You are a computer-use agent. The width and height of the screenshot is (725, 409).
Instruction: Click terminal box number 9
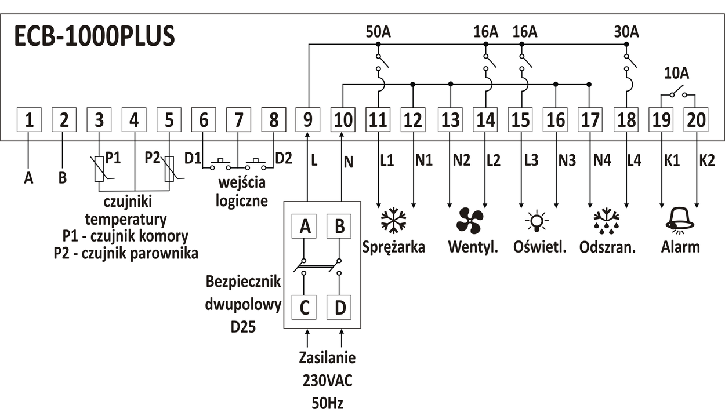307,120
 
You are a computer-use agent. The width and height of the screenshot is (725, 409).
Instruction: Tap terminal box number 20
696,120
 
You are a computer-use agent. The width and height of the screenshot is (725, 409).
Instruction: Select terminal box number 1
29,120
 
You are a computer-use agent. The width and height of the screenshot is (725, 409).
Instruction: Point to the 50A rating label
378,32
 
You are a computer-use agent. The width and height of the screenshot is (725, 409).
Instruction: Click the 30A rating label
626,32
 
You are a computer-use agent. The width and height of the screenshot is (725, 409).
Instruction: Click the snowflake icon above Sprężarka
394,221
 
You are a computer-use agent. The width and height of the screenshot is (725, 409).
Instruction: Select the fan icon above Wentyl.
469,221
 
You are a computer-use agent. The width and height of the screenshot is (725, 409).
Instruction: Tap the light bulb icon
536,221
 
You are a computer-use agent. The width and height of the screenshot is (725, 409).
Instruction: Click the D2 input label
283,158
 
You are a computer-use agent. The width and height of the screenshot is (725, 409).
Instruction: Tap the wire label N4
603,161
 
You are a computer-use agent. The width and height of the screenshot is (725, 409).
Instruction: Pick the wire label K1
672,161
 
